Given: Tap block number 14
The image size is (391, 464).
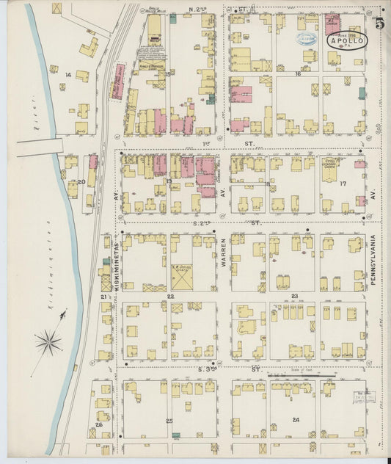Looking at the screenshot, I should click(69, 75).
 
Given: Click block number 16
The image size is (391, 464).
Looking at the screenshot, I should click(298, 74).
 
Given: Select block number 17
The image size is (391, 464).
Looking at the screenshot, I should click(342, 184).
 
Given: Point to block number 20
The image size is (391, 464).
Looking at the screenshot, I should click(81, 181).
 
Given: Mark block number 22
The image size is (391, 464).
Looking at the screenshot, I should click(170, 296).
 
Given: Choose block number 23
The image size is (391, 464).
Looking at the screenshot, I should click(295, 296).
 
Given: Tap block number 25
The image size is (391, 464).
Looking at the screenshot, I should click(169, 421).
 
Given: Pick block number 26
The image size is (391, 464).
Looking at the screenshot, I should click(98, 424).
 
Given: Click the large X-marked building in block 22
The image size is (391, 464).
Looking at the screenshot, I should click(182, 278).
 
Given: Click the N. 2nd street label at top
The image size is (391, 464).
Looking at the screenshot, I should click(198, 10).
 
